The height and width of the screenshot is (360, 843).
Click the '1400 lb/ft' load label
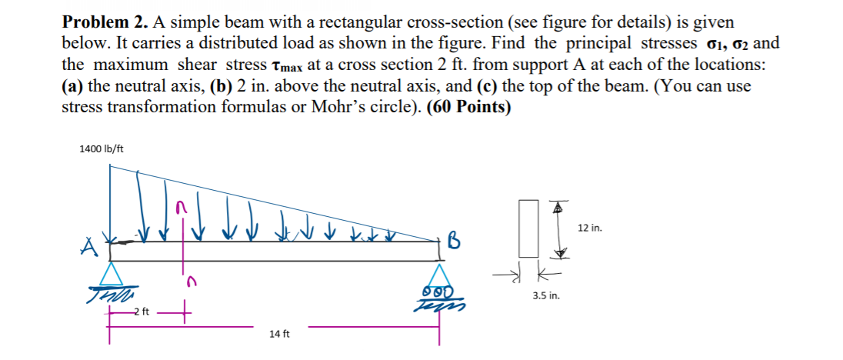pos(101,148)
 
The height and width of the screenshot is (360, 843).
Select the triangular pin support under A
pos(113,274)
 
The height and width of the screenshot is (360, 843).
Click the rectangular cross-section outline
pos(528,228)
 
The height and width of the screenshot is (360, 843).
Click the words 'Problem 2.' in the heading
pos(97,22)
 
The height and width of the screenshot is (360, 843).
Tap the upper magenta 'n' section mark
pos(181,208)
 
